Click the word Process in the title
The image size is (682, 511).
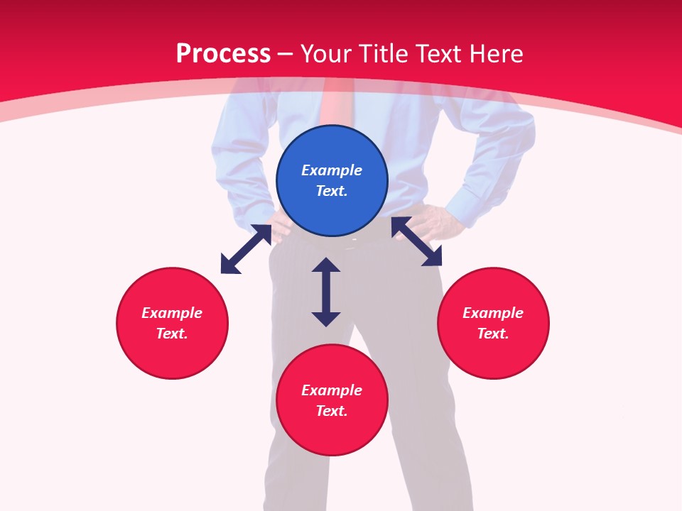click(x=223, y=54)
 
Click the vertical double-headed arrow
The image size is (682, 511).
click(x=326, y=292)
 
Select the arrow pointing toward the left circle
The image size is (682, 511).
click(x=246, y=249)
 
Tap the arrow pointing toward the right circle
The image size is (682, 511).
click(x=416, y=241)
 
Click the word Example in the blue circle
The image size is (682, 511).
click(x=332, y=170)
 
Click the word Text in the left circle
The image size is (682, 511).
click(x=172, y=334)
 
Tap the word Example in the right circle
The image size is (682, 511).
click(x=493, y=313)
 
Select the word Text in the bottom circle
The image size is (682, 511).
click(x=331, y=411)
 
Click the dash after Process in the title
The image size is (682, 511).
click(x=285, y=54)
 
